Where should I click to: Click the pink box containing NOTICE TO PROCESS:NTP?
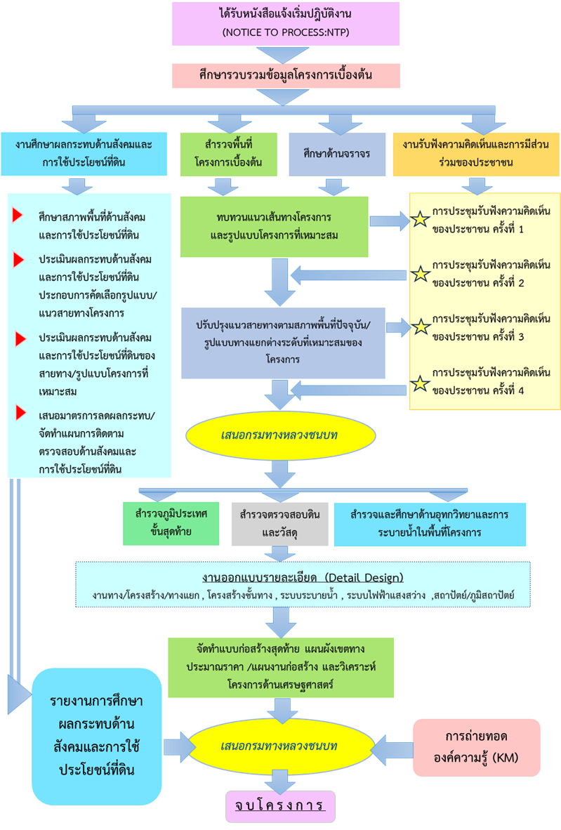pos(286,24)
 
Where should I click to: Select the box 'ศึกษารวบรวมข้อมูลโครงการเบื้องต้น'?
pos(286,75)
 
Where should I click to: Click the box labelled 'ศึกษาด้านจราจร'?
pos(337,154)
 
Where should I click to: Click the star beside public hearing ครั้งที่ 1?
pos(420,220)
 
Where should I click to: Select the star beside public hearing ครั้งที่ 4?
pos(420,383)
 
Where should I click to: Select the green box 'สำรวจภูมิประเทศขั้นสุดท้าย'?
pos(171,524)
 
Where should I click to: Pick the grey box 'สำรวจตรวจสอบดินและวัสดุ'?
pos(279,524)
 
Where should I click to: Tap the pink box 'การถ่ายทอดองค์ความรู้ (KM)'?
pos(476,747)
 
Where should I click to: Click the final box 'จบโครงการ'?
pos(280,805)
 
